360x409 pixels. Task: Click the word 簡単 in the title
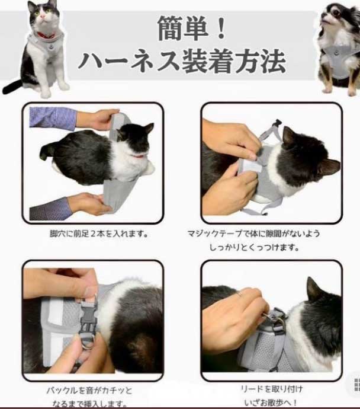(x=183, y=28)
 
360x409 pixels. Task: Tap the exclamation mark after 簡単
(x=221, y=28)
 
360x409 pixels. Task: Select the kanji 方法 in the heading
(x=261, y=62)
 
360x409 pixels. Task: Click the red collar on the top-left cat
(x=46, y=35)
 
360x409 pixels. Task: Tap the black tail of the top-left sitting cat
(x=12, y=87)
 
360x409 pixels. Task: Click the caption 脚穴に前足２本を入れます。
(x=99, y=234)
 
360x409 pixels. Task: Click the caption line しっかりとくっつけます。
(x=254, y=247)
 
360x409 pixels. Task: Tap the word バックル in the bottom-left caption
(x=62, y=391)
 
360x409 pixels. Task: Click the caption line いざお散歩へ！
(x=271, y=403)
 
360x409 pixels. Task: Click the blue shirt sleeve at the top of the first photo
(x=53, y=117)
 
